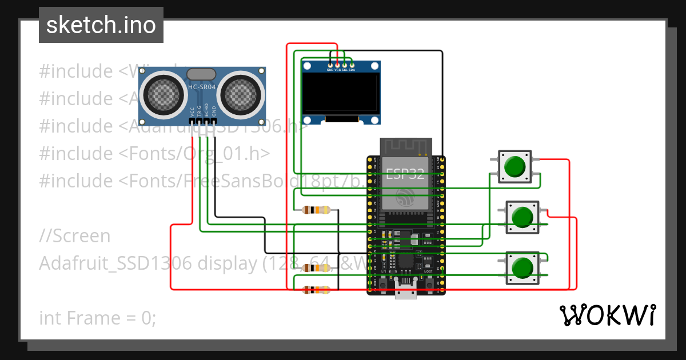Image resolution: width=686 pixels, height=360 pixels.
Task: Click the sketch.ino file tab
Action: pyautogui.click(x=101, y=25)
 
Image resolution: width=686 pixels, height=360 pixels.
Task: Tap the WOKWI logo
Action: pyautogui.click(x=607, y=315)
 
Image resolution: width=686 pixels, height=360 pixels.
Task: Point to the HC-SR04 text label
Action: pyautogui.click(x=202, y=87)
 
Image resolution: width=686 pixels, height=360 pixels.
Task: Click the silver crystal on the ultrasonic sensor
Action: pyautogui.click(x=201, y=74)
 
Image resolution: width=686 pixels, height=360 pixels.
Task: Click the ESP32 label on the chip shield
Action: pyautogui.click(x=405, y=174)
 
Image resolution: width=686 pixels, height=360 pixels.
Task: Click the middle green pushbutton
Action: pyautogui.click(x=521, y=217)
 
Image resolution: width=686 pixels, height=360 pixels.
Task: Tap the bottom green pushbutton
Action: pyautogui.click(x=521, y=267)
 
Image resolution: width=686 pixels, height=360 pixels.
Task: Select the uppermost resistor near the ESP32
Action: pyautogui.click(x=316, y=210)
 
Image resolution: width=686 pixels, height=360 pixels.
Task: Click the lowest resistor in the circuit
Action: pyautogui.click(x=316, y=290)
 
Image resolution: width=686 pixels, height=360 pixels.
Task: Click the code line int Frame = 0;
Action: pyautogui.click(x=98, y=318)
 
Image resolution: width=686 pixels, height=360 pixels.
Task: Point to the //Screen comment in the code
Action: pyautogui.click(x=75, y=235)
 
